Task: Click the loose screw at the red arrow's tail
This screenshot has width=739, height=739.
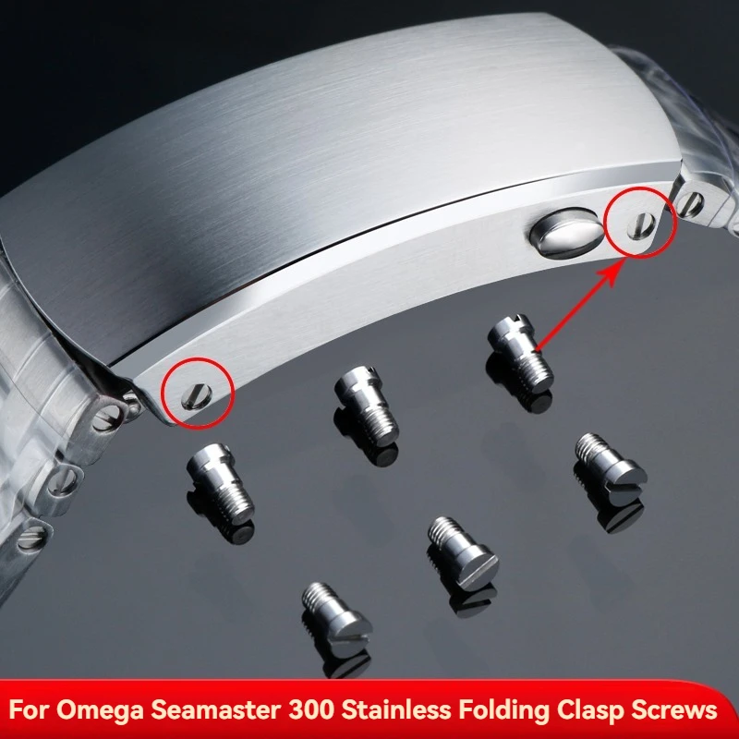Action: (519, 356)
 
